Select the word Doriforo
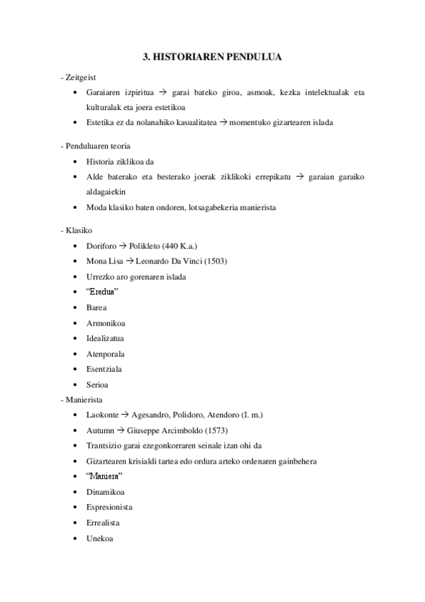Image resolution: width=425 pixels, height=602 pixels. click(100, 246)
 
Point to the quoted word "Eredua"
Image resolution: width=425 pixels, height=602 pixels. click(101, 292)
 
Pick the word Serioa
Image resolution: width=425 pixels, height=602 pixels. click(96, 384)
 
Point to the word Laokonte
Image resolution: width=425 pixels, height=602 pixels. click(101, 415)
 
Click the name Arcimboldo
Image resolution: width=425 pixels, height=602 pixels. click(207, 430)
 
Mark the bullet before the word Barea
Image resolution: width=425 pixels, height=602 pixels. click(75, 307)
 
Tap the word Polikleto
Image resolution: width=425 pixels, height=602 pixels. click(145, 246)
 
